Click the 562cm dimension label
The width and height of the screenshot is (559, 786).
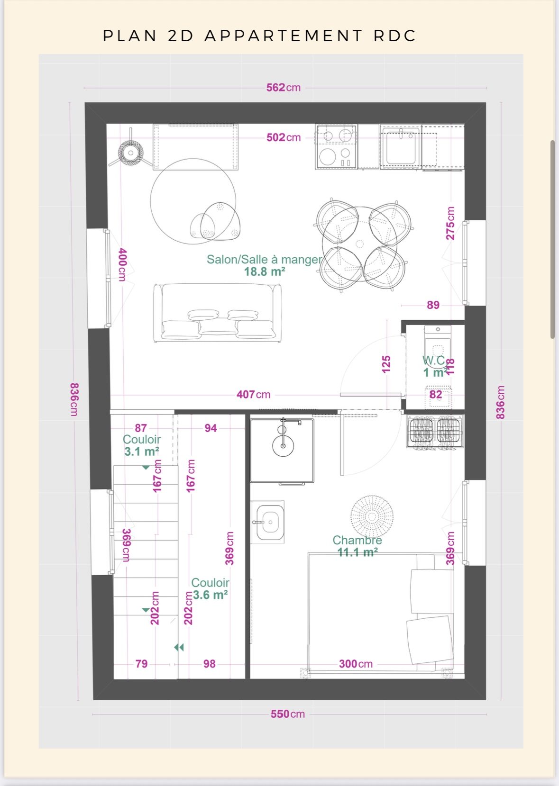284,87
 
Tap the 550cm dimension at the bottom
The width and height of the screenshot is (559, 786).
288,714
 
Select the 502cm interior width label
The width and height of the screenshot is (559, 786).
284,137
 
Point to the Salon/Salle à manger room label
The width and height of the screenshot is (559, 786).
264,259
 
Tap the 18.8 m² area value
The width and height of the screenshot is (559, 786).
265,271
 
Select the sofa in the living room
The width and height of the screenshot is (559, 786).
217,312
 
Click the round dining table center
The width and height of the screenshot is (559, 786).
359,244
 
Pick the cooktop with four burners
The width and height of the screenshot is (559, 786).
336,147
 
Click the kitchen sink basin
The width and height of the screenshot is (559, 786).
401,146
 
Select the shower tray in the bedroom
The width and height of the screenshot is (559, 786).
282,450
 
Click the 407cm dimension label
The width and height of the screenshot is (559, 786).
254,394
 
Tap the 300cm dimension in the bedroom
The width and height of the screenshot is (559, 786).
356,664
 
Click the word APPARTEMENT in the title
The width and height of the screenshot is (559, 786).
283,36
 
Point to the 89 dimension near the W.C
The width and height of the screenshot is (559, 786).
433,305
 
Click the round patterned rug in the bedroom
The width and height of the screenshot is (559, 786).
372,516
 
